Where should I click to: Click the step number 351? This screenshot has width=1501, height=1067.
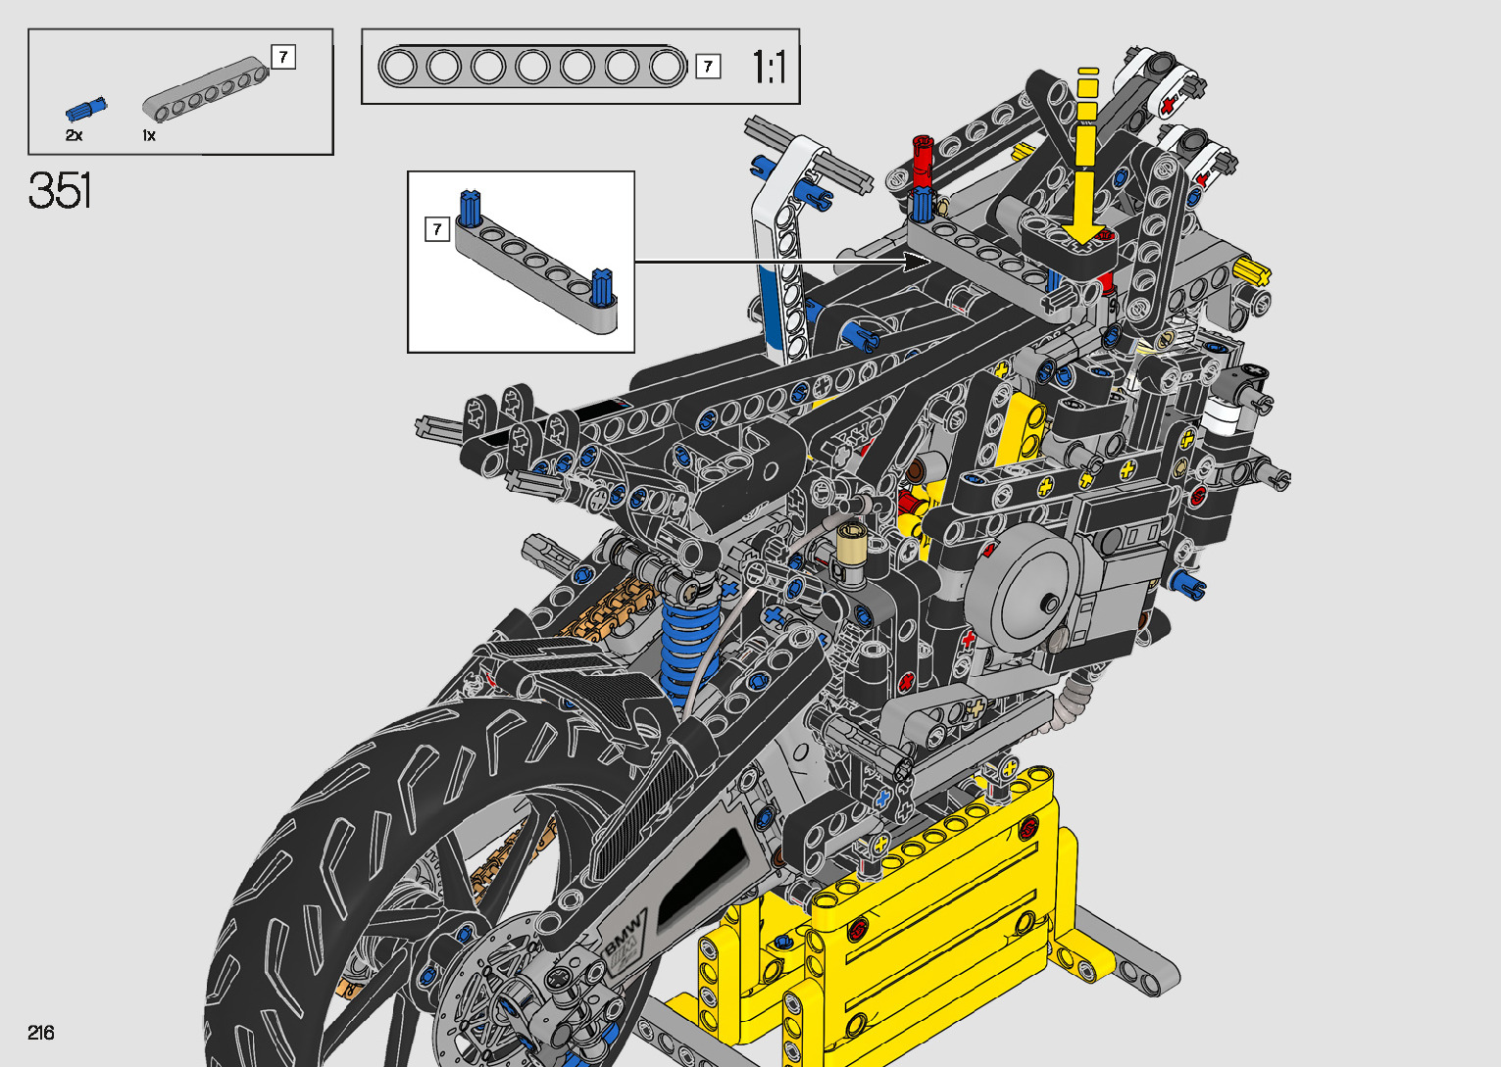point(60,190)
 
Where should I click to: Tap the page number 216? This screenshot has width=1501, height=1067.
point(41,1032)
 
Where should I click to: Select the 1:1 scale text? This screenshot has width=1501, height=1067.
point(769,67)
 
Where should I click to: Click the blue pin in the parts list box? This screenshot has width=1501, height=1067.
point(86,109)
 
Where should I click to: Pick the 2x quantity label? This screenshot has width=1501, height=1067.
point(74,135)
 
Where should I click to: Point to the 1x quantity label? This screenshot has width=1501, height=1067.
point(149,135)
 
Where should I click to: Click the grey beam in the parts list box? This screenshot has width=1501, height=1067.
point(206,90)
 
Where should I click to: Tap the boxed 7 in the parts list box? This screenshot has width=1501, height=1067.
point(283,57)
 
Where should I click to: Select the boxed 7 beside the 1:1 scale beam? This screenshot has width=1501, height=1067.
point(708,67)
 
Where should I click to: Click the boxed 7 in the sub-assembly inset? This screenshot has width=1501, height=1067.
point(437,229)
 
